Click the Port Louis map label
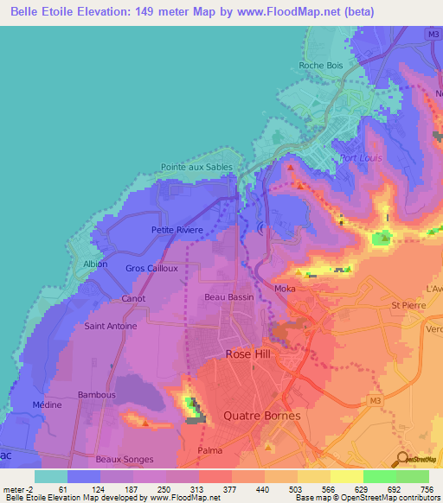[x=361, y=158]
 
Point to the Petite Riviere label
[x=177, y=230]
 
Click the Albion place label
[x=95, y=264]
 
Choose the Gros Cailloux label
[x=151, y=268]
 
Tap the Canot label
[x=133, y=299]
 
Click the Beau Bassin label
[x=227, y=296]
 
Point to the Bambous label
[x=96, y=395]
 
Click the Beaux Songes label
[x=125, y=459]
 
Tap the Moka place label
[x=285, y=289]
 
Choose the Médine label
[x=46, y=404]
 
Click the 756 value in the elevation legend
[x=427, y=489]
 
